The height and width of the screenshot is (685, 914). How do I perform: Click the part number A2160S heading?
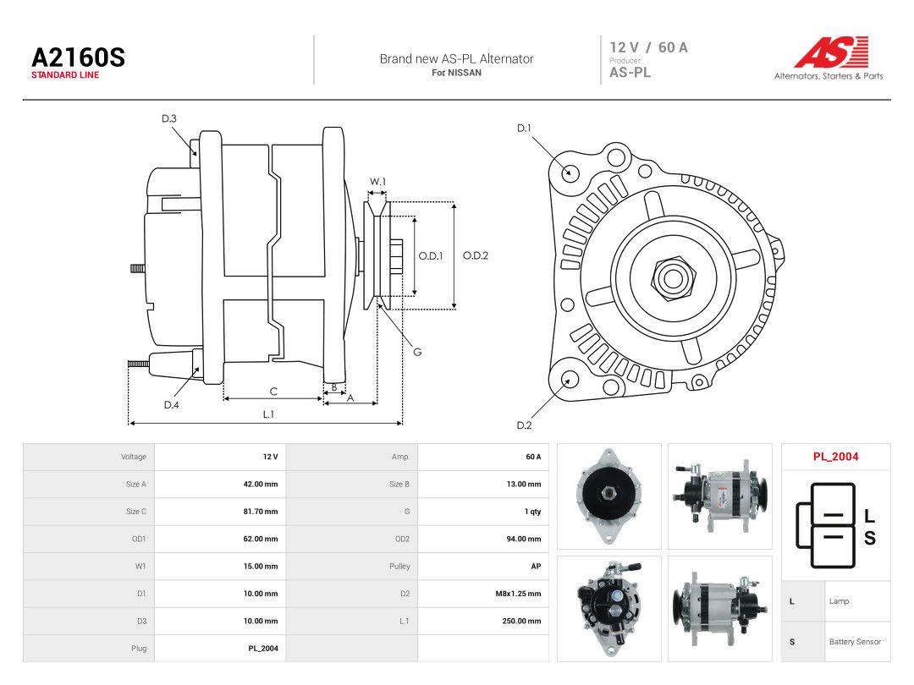coord(78,58)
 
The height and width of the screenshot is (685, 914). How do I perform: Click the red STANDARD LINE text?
coord(65,75)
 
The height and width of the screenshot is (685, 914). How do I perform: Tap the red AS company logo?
coord(832,52)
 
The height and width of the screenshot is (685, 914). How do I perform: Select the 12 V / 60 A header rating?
coord(649,47)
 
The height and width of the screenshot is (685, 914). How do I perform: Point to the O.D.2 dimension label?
coord(475,255)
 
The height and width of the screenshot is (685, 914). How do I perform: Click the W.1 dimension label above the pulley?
coord(377,182)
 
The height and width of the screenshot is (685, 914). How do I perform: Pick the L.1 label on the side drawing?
coord(268,414)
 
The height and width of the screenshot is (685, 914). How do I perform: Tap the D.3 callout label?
coord(169,119)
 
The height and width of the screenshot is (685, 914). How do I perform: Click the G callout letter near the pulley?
coord(417,352)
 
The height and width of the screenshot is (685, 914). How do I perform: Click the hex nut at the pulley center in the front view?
coord(674,277)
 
